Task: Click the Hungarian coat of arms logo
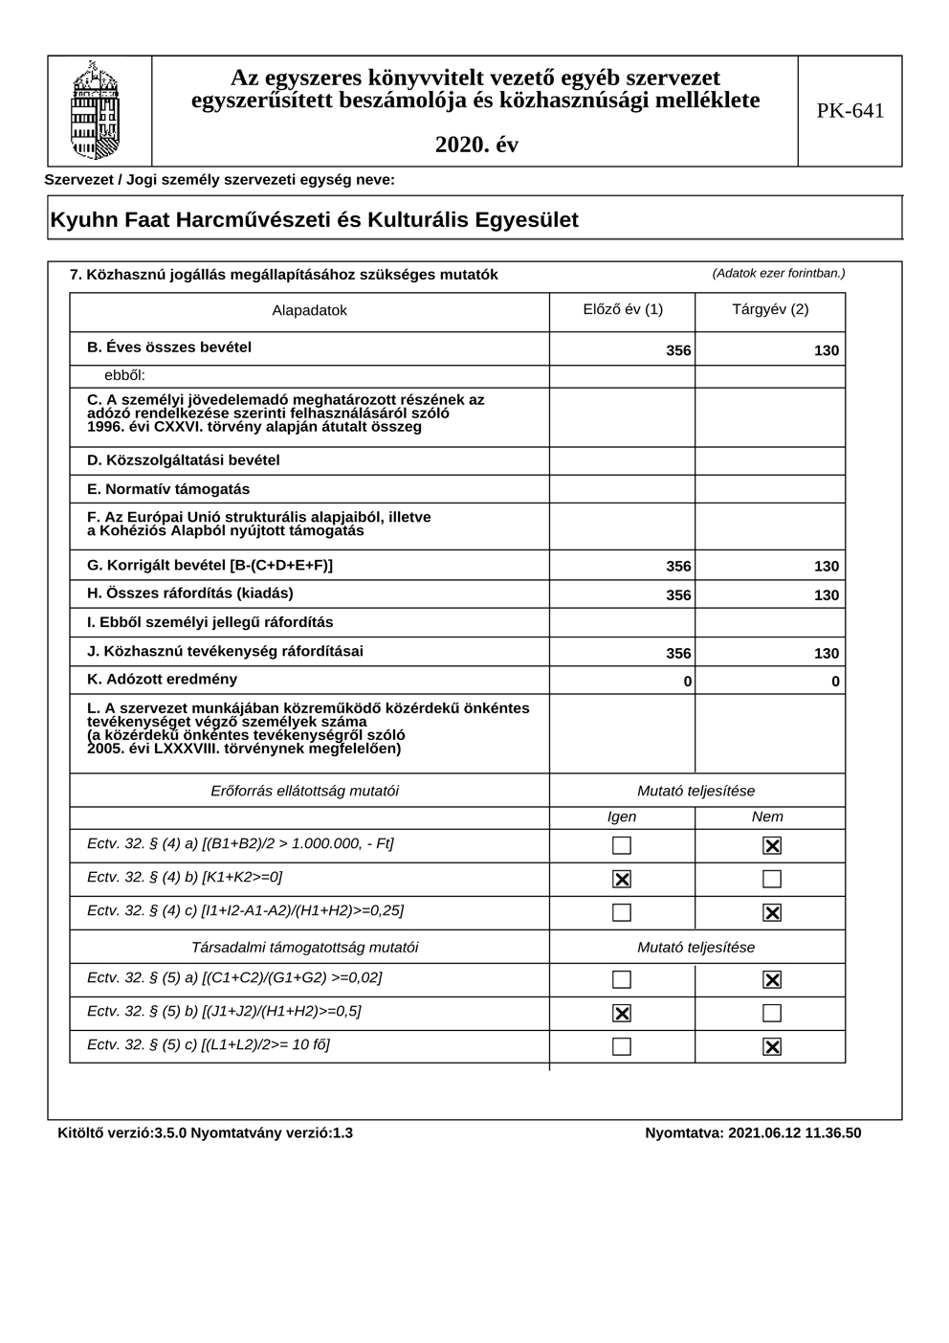[96, 110]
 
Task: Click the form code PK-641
[850, 111]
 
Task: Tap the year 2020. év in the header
[476, 145]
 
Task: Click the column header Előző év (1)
[623, 309]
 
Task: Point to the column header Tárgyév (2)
[770, 309]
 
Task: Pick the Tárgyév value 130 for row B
[827, 350]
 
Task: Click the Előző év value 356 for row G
[678, 566]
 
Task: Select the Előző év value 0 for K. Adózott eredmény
[687, 682]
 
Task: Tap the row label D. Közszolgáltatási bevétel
[184, 460]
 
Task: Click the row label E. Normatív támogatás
[168, 489]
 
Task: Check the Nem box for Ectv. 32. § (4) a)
[772, 845]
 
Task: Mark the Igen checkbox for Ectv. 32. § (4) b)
[622, 879]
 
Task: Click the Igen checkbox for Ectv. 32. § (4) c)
[622, 912]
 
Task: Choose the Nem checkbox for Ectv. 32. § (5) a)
[772, 979]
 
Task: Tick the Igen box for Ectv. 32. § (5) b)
[622, 1013]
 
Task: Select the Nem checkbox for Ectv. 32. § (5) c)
[772, 1046]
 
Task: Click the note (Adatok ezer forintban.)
[779, 273]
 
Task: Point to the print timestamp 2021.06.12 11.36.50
[794, 1133]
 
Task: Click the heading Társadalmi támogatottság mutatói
[305, 948]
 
